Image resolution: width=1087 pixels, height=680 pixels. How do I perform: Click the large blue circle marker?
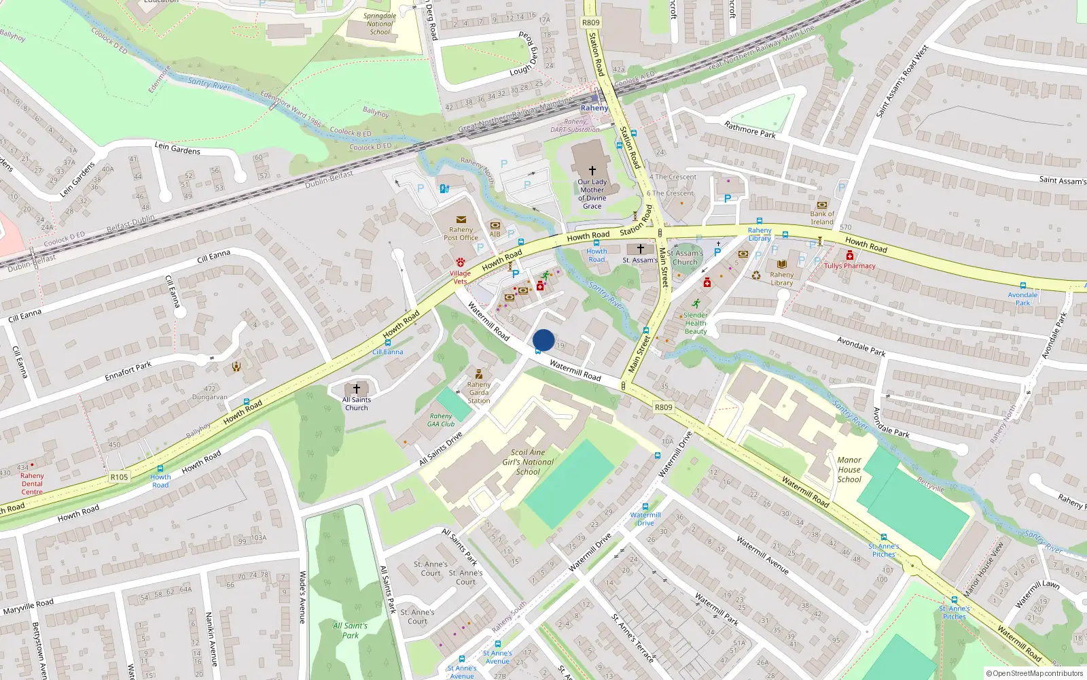543,340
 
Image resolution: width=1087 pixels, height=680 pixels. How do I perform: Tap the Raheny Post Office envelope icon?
461,220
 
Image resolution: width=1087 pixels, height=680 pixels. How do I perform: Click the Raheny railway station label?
594,108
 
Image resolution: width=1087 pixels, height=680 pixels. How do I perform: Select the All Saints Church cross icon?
357,389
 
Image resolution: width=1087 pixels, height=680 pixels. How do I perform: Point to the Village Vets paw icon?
461,262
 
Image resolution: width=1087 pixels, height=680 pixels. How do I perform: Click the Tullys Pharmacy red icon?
849,256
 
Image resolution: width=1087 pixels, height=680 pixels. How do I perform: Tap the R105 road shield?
119,477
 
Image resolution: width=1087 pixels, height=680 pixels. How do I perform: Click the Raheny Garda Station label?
479,392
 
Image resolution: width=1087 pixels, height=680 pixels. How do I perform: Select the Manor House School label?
849,470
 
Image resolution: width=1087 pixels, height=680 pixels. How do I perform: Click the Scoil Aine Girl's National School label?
528,462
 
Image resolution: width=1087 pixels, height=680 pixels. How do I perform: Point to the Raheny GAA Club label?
441,420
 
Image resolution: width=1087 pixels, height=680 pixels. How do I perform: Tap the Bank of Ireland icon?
822,205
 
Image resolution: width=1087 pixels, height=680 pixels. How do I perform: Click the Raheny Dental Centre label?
32,483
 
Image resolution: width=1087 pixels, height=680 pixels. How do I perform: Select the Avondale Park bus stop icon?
1022,286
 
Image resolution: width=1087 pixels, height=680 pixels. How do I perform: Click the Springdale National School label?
380,24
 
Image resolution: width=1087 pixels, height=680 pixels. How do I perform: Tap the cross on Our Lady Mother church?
592,171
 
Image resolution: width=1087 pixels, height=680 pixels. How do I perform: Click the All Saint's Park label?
350,630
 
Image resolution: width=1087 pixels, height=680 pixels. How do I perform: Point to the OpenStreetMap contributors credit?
1035,673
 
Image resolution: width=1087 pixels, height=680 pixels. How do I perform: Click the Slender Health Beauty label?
695,323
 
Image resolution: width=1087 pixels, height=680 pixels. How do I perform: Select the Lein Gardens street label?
177,148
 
